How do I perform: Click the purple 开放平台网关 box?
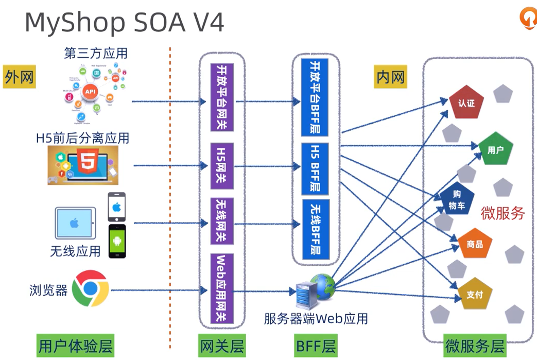click(222, 97)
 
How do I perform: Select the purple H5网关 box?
click(222, 166)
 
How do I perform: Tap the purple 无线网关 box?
click(222, 222)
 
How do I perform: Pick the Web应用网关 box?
click(222, 288)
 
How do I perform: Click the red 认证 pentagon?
click(465, 102)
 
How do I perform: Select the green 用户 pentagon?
click(495, 150)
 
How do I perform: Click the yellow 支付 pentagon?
click(475, 295)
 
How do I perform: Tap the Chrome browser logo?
click(90, 288)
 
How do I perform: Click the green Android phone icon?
click(117, 241)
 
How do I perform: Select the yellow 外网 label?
click(20, 77)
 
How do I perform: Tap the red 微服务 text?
click(503, 213)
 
